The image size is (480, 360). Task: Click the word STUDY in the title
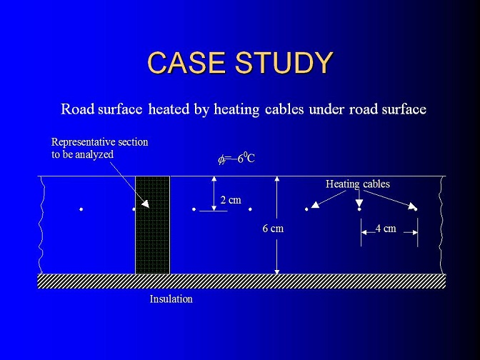pos(284,62)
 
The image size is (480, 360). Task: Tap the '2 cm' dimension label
pos(231,200)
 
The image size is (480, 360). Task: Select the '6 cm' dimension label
pos(273,229)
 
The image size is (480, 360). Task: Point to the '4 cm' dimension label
pos(386,229)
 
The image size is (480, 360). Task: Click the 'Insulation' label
pos(171,299)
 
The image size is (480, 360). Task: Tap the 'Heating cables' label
pos(358,184)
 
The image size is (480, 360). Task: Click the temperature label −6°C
pos(236,159)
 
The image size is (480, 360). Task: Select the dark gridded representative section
pos(153,225)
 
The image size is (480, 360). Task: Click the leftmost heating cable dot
pos(81,209)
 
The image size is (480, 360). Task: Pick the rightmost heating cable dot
pos(416,209)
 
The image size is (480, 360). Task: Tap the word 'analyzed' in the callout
pos(94,154)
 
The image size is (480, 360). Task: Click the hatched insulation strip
pos(241,281)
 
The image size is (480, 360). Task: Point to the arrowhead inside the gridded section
pos(146,204)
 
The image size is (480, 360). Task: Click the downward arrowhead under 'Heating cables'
pos(359,204)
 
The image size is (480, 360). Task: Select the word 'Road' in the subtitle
pos(78,109)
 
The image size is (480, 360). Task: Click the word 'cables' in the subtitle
pos(284,109)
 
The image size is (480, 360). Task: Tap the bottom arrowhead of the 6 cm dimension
pos(277,271)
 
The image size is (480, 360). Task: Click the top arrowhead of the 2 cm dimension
pos(214,179)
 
